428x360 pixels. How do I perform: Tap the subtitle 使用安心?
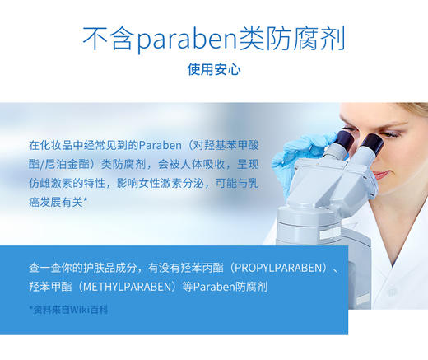(x=213, y=70)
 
